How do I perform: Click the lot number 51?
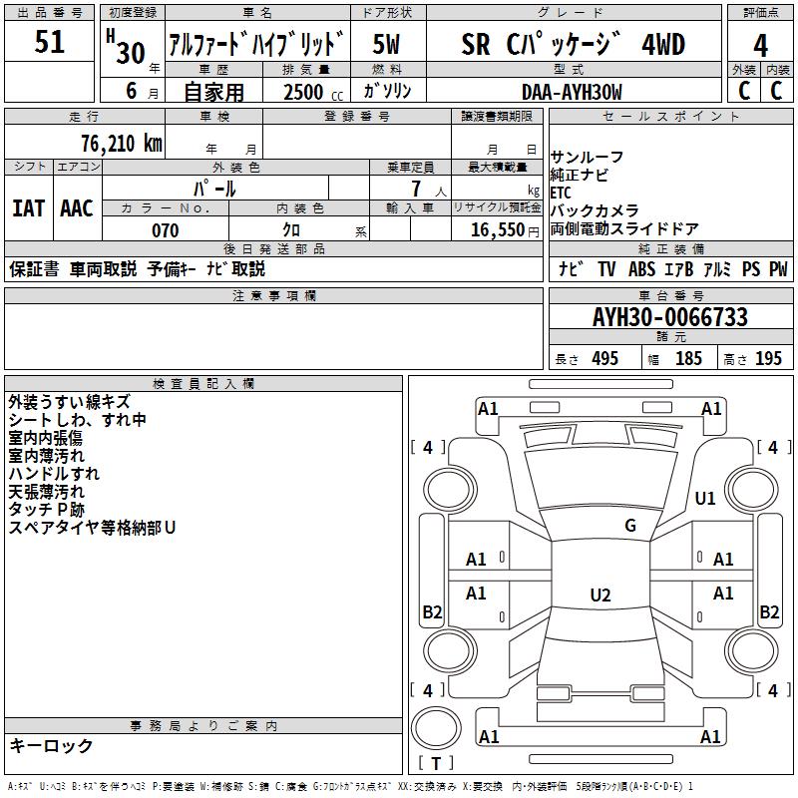click(x=49, y=43)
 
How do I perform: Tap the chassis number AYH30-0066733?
click(x=669, y=318)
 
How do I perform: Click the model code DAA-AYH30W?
click(x=572, y=92)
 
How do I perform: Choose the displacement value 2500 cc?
click(x=303, y=92)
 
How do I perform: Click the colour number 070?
click(x=165, y=230)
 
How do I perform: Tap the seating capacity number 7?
click(x=415, y=189)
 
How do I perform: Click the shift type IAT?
click(x=28, y=208)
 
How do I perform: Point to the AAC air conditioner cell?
click(x=77, y=208)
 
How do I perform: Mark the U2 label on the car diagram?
click(x=599, y=596)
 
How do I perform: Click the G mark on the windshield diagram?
click(x=629, y=526)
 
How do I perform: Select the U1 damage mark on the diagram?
click(x=705, y=498)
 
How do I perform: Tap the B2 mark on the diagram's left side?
click(x=432, y=612)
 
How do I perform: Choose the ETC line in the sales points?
click(x=561, y=193)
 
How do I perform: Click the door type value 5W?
click(x=386, y=45)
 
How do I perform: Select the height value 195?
click(x=768, y=359)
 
